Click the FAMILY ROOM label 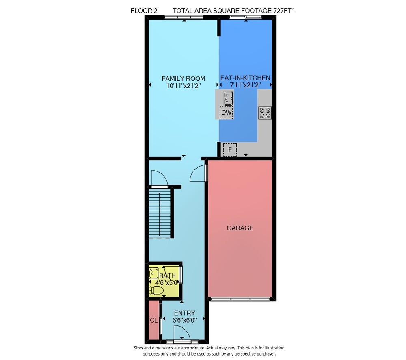[184, 78]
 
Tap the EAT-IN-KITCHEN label [245, 78]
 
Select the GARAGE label [240, 228]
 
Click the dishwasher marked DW [226, 113]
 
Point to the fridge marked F [230, 150]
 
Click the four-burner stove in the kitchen [265, 113]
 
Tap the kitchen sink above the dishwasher [228, 98]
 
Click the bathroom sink [154, 273]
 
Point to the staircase [160, 213]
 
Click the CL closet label [153, 320]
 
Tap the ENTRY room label [185, 313]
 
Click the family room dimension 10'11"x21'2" [184, 86]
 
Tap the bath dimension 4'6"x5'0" [166, 282]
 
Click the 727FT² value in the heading [283, 11]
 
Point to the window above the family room [184, 17]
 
